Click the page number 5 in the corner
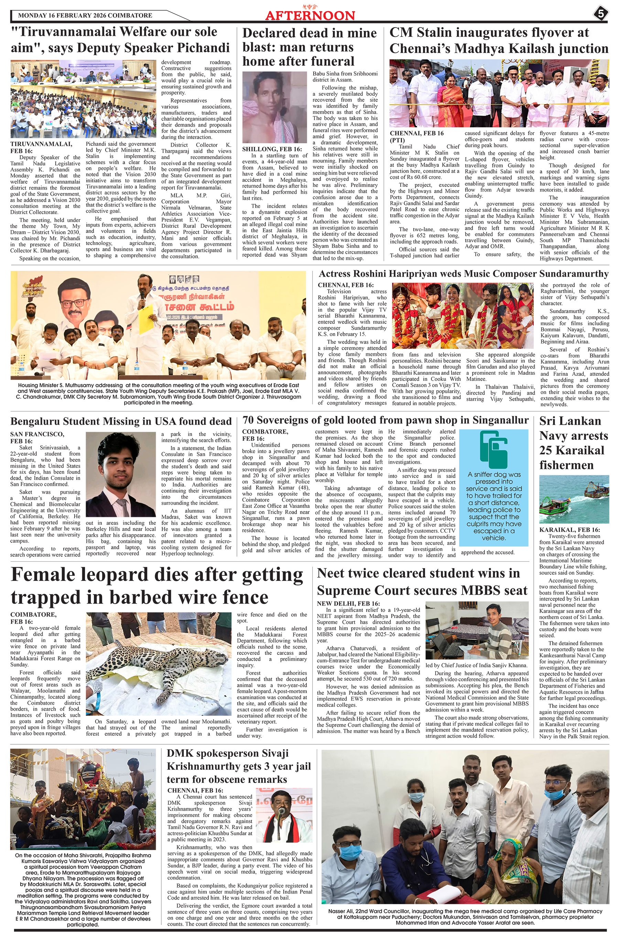600,14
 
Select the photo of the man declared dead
275,107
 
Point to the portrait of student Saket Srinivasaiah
121,474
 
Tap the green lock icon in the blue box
493,450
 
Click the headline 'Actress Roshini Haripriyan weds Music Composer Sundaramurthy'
464,274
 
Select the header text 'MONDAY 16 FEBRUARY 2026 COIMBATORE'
85,15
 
